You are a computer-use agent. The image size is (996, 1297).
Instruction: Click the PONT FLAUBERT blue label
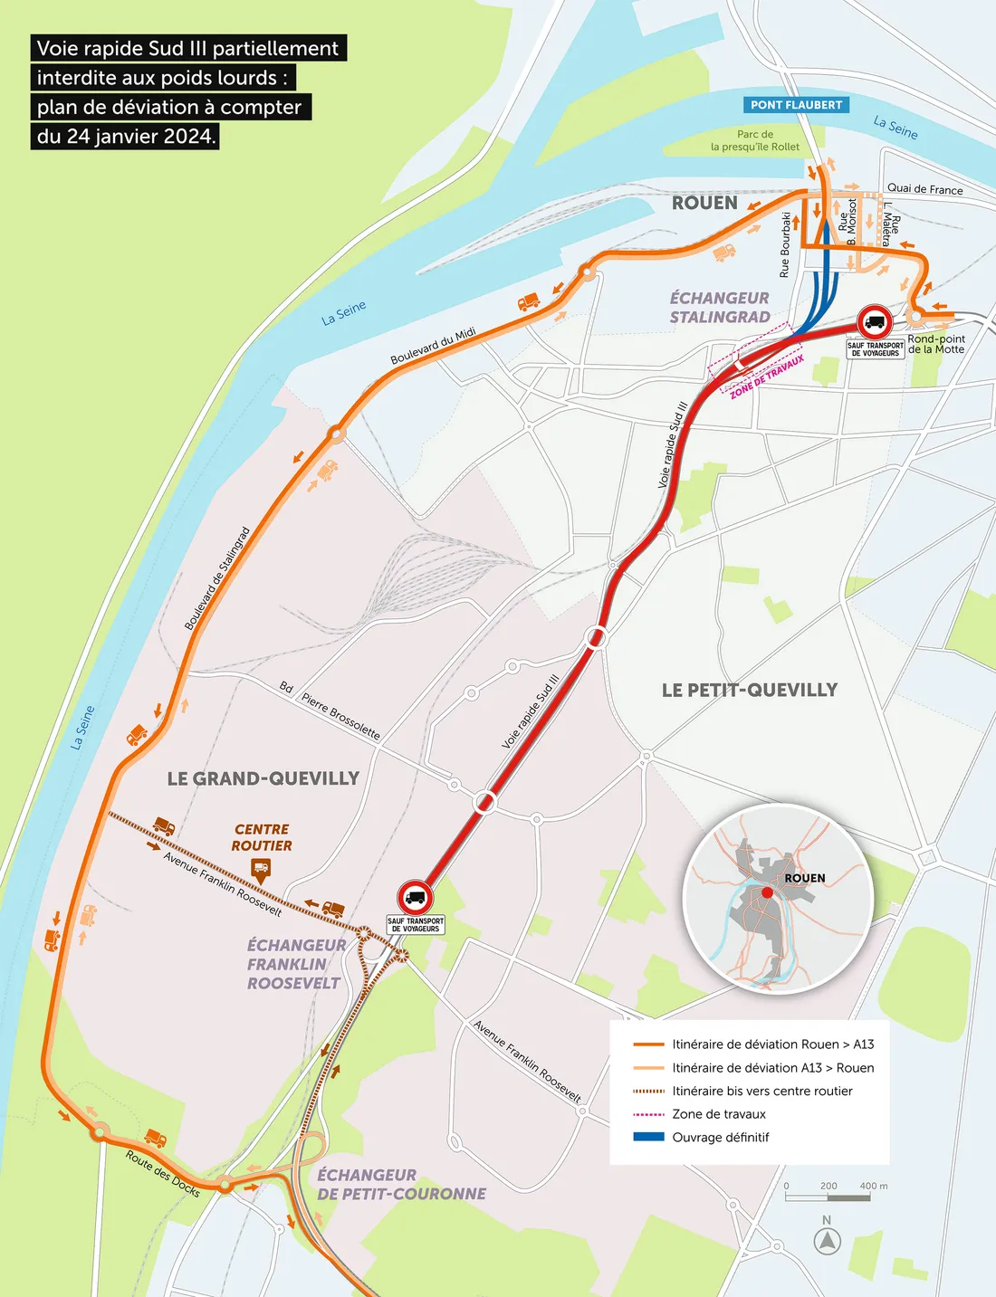796,105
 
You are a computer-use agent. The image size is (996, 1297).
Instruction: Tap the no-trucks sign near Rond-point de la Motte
875,322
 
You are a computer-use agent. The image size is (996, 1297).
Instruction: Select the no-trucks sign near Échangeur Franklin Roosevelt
416,897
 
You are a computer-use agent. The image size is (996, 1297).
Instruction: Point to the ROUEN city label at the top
704,203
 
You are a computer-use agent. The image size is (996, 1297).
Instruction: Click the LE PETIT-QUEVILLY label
750,690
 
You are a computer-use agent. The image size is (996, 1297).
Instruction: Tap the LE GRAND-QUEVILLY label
263,778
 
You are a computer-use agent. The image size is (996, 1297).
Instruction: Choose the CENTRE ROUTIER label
262,837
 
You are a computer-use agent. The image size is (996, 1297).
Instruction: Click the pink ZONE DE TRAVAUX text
767,377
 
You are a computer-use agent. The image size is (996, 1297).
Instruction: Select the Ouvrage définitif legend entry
720,1138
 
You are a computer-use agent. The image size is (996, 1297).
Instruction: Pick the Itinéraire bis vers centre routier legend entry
761,1091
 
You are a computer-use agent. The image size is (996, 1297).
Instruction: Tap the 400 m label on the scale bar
873,1186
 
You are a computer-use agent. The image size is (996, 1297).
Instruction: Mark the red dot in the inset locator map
767,892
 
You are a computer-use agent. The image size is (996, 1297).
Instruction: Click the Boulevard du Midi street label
433,347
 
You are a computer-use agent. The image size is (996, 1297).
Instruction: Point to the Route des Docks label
163,1174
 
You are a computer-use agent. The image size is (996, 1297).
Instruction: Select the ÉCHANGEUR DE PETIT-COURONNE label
401,1184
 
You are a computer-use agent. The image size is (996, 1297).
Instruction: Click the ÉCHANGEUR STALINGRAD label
720,308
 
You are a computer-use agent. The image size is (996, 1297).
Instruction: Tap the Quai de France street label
924,189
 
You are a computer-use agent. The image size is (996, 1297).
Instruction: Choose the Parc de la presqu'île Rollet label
755,140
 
